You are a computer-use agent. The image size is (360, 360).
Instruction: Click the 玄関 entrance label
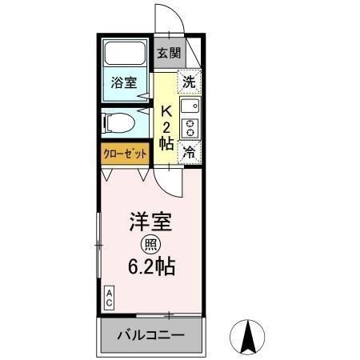click(x=168, y=54)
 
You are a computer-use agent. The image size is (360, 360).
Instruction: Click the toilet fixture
click(x=120, y=122)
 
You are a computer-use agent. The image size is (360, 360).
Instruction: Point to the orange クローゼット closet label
click(x=125, y=153)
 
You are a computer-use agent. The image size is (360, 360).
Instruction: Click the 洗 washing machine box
click(x=189, y=80)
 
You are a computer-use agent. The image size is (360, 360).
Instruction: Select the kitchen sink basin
click(x=189, y=106)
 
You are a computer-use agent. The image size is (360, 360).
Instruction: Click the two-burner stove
click(x=190, y=127)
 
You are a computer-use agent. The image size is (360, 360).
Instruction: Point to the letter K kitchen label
click(x=167, y=110)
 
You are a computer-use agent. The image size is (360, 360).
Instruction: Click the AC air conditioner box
click(x=108, y=298)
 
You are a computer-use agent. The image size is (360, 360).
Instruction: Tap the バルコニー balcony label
click(x=151, y=334)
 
